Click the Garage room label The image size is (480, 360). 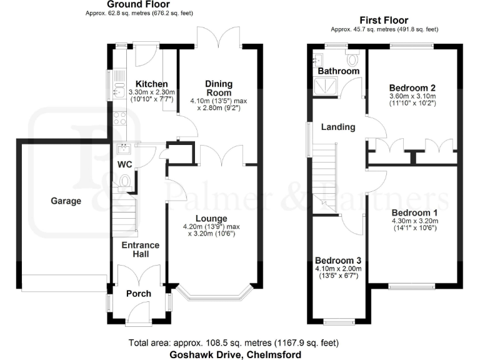66,201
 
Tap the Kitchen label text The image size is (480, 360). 151,84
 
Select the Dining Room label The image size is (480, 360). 219,88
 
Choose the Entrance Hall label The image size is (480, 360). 141,250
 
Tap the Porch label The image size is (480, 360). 139,294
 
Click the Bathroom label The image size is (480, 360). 338,71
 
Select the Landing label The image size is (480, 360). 337,127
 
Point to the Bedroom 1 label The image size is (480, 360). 414,213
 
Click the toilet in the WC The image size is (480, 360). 124,181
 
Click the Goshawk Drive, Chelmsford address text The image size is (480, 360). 235,354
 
